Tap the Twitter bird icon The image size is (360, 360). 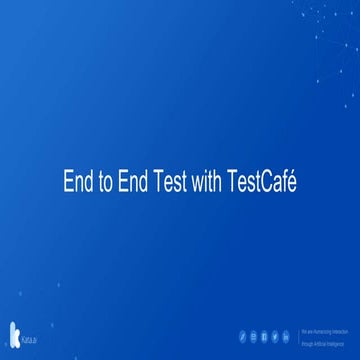pos(275,336)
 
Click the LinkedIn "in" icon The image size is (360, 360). pos(285,336)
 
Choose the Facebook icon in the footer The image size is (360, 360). pos(265,336)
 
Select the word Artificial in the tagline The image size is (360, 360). pos(319,343)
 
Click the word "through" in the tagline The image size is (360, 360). pos(307,343)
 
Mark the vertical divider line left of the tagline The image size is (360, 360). pos(299,337)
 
